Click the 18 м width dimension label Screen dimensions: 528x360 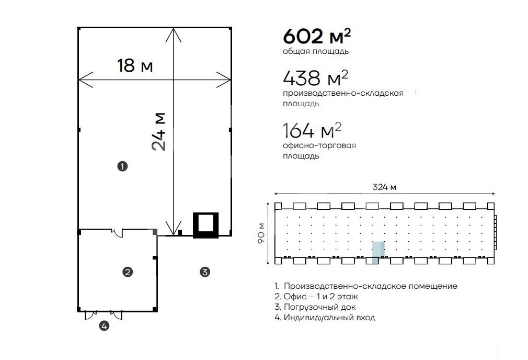click(135, 65)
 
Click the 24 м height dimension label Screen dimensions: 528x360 click(158, 131)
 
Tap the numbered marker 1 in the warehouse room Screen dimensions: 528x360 click(122, 166)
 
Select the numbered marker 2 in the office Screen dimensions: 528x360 click(128, 272)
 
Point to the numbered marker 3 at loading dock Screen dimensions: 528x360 click(205, 272)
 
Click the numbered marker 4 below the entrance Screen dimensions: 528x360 click(104, 326)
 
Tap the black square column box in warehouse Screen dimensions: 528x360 click(206, 225)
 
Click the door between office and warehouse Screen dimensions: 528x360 click(117, 232)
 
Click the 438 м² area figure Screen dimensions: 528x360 click(316, 78)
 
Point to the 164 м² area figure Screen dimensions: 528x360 click(312, 130)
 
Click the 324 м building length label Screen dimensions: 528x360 click(384, 187)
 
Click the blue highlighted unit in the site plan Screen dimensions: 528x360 click(378, 252)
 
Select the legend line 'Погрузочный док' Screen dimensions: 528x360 click(315, 307)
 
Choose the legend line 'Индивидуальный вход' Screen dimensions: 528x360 click(325, 318)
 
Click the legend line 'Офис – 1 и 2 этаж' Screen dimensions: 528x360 click(316, 297)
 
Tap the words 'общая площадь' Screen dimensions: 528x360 click(316, 52)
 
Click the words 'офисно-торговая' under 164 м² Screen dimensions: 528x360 click(319, 145)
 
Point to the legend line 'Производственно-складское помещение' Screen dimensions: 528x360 click(366, 286)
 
